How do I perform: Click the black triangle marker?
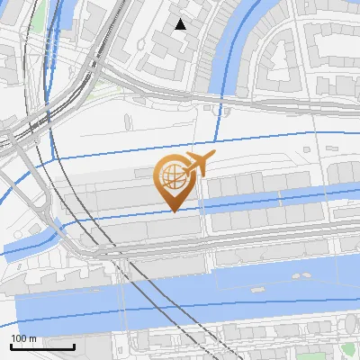point(181,24)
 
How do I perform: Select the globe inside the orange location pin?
point(171,177)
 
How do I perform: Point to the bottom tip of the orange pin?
point(174,211)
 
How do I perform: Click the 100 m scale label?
point(23,338)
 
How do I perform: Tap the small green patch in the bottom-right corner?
point(347,347)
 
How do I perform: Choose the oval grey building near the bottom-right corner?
point(351,324)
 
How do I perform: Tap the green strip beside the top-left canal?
point(38,22)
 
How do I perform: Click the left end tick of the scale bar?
point(11,346)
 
